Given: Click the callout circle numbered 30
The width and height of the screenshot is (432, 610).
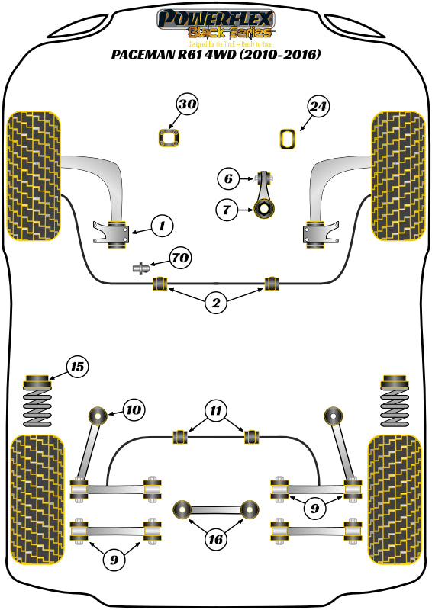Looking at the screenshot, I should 188,104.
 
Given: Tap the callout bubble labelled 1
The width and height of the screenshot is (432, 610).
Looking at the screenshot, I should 162,225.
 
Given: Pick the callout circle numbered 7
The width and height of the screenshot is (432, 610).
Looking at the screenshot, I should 227,208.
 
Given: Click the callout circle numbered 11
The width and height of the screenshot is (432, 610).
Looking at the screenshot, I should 216,411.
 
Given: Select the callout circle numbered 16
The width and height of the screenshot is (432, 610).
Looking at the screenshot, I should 216,539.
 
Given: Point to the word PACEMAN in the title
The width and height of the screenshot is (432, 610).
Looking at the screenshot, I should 143,55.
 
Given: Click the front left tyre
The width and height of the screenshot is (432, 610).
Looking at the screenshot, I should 34,175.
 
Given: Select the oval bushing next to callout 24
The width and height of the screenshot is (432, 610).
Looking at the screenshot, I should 289,138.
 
